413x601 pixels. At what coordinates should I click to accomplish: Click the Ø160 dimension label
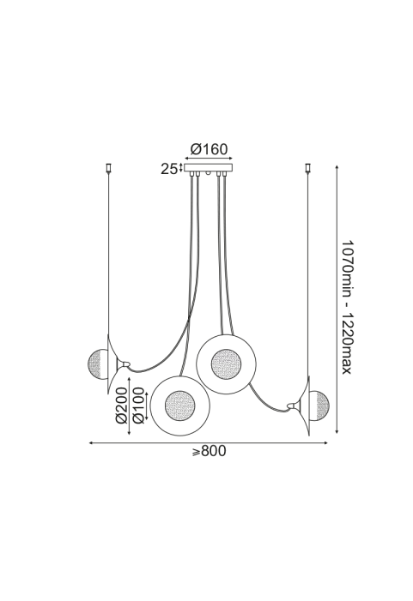(x=209, y=148)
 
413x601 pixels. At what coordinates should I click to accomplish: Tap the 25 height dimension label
(x=169, y=169)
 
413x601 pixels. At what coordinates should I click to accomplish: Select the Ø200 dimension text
(x=121, y=406)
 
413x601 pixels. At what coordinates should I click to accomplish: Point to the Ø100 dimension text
(x=138, y=406)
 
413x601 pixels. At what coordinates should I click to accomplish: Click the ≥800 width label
(x=210, y=451)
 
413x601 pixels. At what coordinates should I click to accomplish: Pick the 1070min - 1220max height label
(x=348, y=308)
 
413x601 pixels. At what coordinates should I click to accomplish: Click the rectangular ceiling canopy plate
(x=209, y=168)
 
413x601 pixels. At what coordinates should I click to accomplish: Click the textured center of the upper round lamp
(x=226, y=364)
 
